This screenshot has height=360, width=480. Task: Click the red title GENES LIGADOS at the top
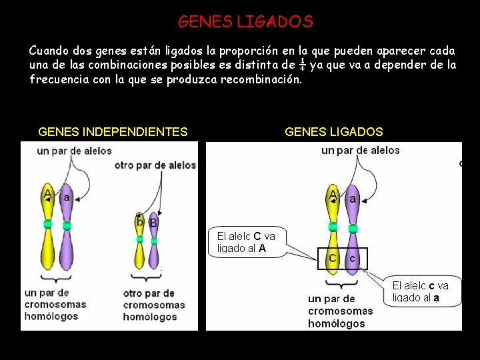(x=245, y=22)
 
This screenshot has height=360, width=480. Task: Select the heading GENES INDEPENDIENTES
(x=113, y=132)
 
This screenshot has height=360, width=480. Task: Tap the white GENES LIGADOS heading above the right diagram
(x=333, y=132)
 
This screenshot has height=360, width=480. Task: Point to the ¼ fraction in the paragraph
(x=302, y=65)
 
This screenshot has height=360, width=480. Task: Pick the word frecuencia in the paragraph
(x=61, y=79)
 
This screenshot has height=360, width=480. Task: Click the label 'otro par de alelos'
(x=155, y=165)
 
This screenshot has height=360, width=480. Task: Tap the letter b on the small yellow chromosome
(x=140, y=221)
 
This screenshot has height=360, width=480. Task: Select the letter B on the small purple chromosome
(x=153, y=223)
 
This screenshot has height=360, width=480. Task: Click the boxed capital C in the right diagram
(x=332, y=257)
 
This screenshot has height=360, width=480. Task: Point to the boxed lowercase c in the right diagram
(x=352, y=257)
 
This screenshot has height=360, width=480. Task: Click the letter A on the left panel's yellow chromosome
(x=47, y=195)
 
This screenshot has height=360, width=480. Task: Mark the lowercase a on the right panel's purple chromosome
(x=352, y=199)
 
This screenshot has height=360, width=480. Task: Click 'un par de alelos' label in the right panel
(x=360, y=151)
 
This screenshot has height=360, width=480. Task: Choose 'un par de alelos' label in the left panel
(x=74, y=151)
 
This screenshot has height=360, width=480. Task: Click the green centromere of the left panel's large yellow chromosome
(x=48, y=225)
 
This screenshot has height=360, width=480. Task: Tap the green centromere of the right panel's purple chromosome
(x=353, y=229)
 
